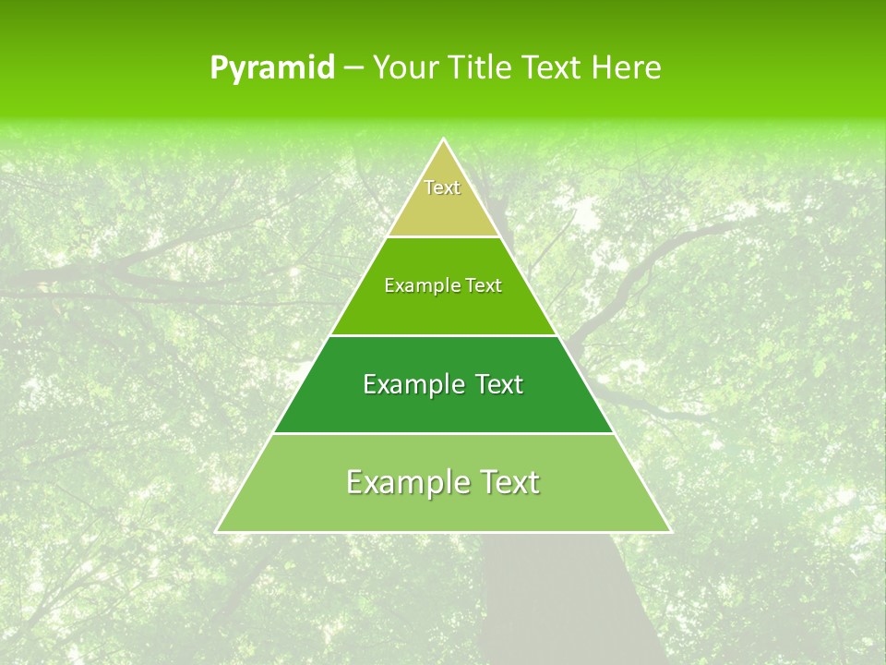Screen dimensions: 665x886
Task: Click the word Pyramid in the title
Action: coord(271,68)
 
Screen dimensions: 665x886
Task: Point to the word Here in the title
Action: coord(626,67)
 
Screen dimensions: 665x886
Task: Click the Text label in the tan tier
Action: coord(442,187)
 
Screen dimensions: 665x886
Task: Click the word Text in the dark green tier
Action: coord(499,384)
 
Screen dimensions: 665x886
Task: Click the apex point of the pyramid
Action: coord(443,139)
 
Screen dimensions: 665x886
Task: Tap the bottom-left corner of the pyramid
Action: coord(217,531)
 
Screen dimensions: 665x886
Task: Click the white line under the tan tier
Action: coord(443,236)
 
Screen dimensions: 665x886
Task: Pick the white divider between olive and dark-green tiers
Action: coord(443,335)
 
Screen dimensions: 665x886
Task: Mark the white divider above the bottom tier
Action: coord(443,433)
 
